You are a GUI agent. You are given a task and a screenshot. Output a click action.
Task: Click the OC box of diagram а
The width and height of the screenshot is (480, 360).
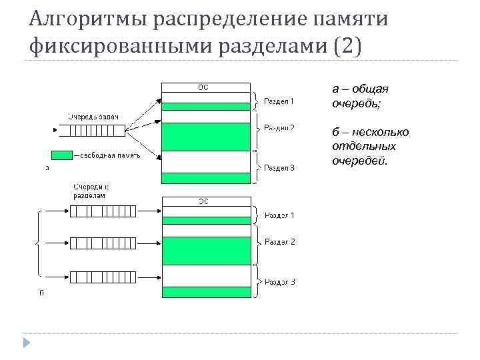[205, 86]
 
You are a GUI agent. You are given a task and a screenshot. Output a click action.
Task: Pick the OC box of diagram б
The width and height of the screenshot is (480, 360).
[205, 201]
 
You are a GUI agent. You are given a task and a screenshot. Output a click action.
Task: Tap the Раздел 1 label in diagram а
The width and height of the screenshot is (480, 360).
[279, 101]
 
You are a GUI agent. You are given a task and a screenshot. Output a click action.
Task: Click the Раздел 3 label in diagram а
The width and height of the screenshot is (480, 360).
[279, 168]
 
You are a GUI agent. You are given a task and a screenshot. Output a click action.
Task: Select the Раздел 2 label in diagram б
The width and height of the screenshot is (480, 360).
[279, 241]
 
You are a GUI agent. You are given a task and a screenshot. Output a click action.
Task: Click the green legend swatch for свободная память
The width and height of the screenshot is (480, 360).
[62, 155]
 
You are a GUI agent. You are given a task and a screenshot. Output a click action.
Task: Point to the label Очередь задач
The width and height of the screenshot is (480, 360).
[92, 117]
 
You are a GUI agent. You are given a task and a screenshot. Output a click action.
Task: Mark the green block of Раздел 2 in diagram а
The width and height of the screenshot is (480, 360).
[205, 137]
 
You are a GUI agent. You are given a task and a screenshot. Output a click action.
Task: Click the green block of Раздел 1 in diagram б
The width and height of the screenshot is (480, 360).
[205, 220]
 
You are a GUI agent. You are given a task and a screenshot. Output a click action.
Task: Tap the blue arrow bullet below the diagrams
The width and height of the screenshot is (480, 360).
[27, 343]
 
